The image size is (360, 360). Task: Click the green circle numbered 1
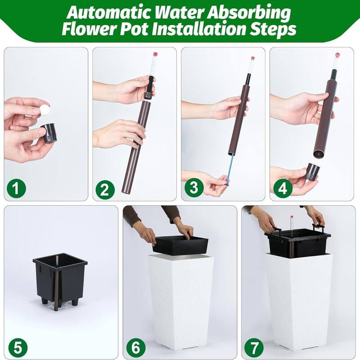(x=16, y=188)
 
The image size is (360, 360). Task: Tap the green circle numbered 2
(x=105, y=189)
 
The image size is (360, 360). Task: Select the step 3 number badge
(x=194, y=187)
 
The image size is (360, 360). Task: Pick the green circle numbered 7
(x=254, y=347)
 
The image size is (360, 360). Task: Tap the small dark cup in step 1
(x=49, y=133)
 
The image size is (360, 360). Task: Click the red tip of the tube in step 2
(x=155, y=54)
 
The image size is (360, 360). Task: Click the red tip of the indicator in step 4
(x=337, y=55)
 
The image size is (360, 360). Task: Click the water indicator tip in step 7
(x=292, y=217)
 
